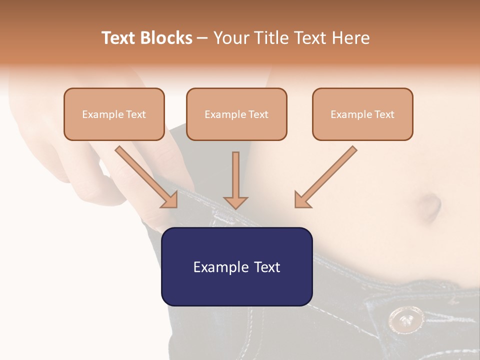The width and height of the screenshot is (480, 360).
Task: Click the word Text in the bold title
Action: pyautogui.click(x=118, y=38)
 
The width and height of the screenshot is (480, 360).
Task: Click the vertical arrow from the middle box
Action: pyautogui.click(x=235, y=180)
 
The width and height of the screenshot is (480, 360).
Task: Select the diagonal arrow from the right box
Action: pyautogui.click(x=325, y=177)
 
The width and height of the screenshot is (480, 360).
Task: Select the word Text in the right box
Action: pyautogui.click(x=384, y=114)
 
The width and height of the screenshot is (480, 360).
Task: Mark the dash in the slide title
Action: pyautogui.click(x=202, y=38)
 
